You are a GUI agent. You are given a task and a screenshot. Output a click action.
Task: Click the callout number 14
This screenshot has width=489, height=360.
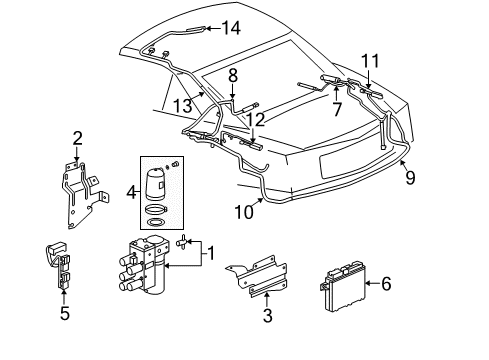231,28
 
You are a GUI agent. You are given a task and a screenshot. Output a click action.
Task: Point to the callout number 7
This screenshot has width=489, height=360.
336,107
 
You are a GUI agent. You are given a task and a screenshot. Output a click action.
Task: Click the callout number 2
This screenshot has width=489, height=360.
77,138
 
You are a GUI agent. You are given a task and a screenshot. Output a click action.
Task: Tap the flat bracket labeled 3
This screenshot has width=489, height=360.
255,285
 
